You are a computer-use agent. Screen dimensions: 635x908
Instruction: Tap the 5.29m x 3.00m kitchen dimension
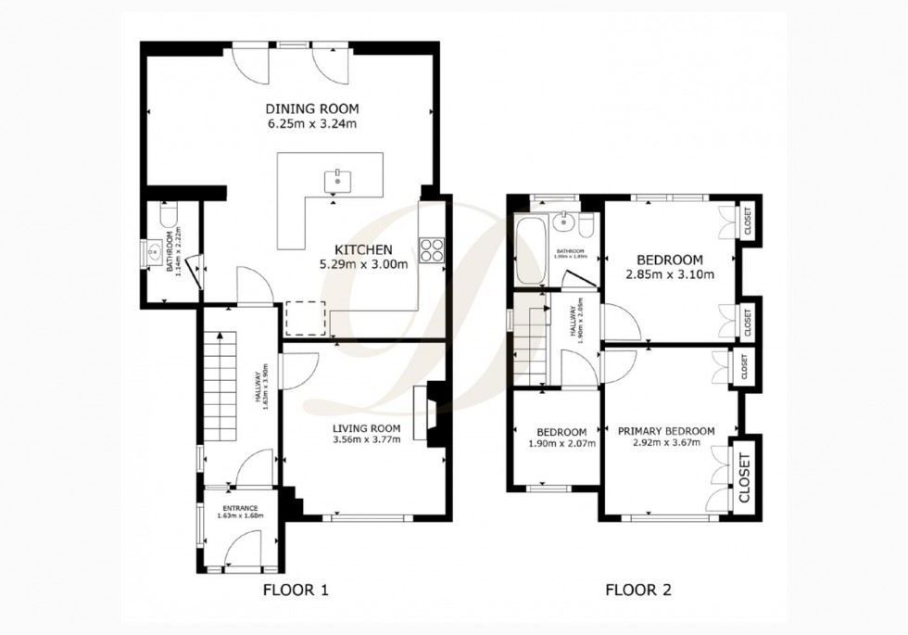[x=364, y=263]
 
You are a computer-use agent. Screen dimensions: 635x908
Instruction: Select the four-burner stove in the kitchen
[x=433, y=249]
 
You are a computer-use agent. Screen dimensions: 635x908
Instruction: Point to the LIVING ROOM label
[x=367, y=427]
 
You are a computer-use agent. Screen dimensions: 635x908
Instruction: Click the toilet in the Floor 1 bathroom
[x=168, y=216]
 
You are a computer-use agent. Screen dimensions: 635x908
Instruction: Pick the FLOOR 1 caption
[x=295, y=590]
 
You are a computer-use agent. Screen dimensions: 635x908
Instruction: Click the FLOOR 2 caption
[x=638, y=590]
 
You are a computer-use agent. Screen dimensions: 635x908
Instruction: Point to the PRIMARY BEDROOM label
[x=666, y=431]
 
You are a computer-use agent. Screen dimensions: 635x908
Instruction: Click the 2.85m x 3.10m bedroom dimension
[x=668, y=274]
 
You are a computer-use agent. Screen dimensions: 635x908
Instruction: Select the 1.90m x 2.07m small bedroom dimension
[x=561, y=443]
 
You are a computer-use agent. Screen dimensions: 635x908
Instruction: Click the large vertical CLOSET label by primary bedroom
[x=744, y=478]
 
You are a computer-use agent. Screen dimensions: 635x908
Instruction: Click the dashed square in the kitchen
[x=306, y=318]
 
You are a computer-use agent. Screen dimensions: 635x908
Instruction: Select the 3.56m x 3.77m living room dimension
[x=367, y=439]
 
